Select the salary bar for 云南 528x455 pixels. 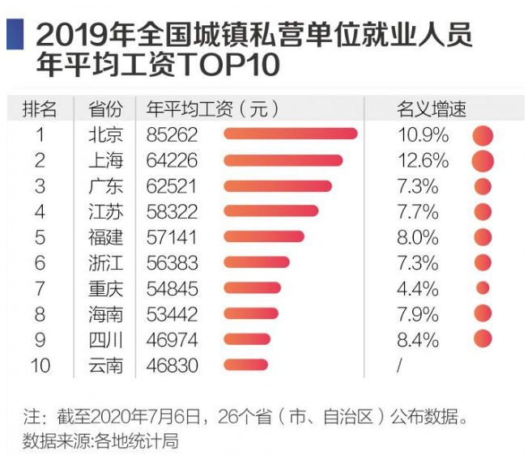click(x=245, y=364)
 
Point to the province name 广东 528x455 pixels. click(x=105, y=186)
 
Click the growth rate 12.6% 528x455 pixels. click(x=423, y=160)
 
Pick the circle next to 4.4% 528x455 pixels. click(x=483, y=287)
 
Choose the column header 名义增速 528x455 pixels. click(x=431, y=109)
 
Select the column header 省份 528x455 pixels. click(x=105, y=109)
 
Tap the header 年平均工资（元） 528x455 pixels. click(x=212, y=109)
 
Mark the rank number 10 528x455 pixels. click(x=40, y=364)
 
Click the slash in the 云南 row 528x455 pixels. click(x=399, y=364)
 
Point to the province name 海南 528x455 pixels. click(x=105, y=313)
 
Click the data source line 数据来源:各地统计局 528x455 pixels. click(x=100, y=441)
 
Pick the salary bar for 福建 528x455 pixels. click(x=263, y=236)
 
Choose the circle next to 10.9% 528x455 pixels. click(x=483, y=135)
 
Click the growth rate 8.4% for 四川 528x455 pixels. click(x=417, y=338)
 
